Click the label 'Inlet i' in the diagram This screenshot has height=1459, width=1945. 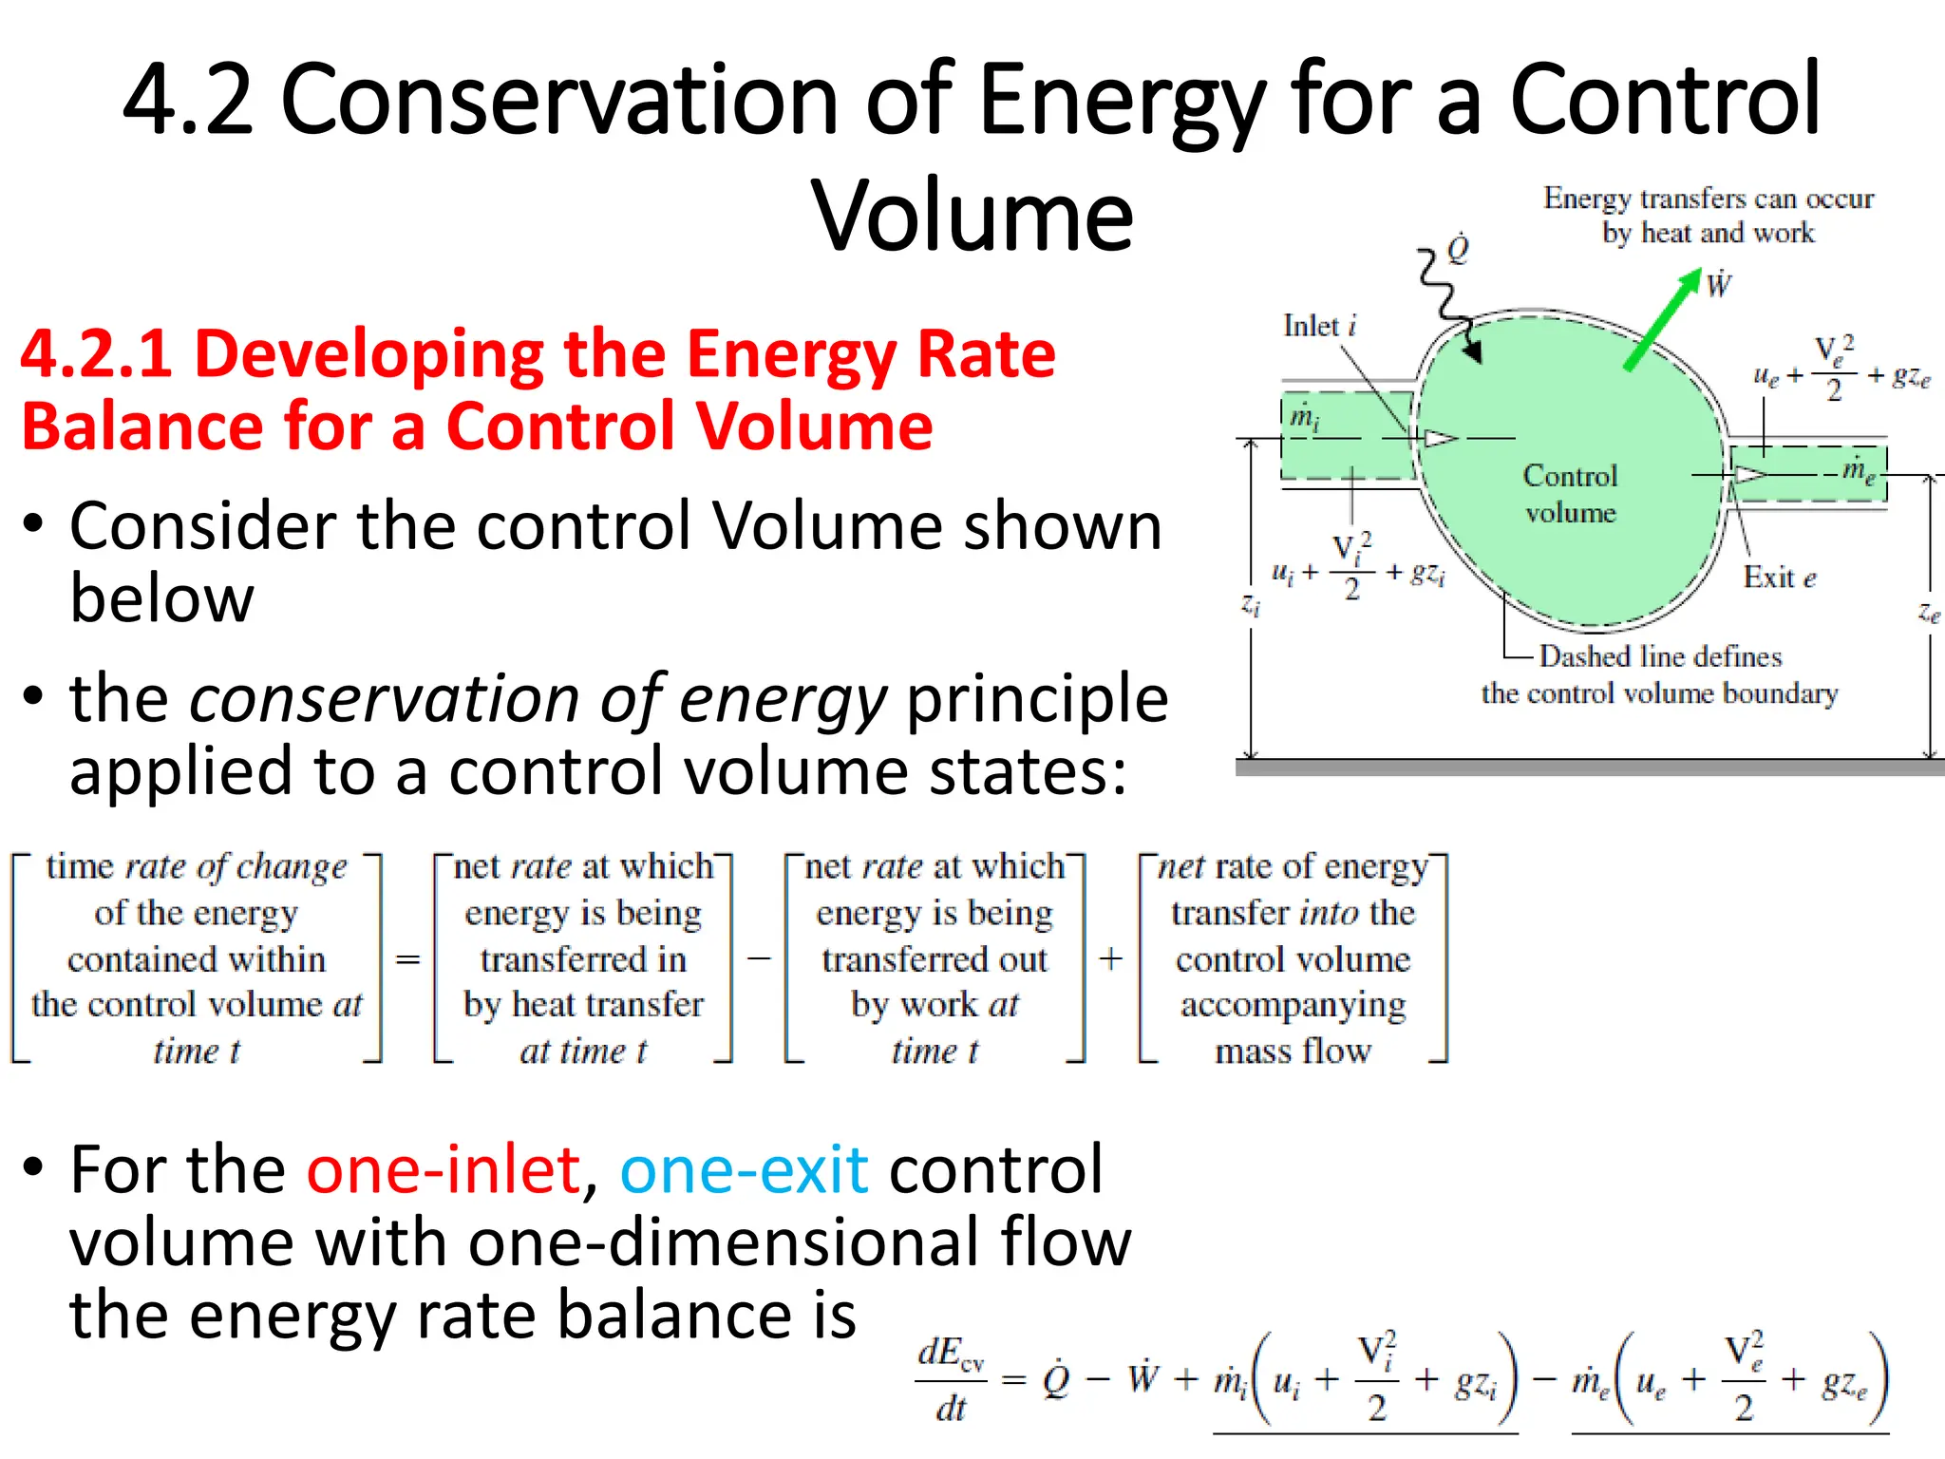click(1319, 326)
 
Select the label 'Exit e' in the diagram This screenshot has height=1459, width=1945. click(1779, 577)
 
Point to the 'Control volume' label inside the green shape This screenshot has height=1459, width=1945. click(1570, 493)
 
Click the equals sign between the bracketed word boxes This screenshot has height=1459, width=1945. click(407, 959)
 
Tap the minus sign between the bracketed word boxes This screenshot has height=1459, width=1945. click(758, 958)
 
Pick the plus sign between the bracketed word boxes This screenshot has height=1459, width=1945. click(1110, 958)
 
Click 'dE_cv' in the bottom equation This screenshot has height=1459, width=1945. click(950, 1353)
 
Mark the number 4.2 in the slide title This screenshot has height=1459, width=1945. click(188, 99)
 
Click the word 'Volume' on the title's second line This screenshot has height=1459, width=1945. click(972, 216)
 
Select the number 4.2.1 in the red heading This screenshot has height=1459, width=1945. click(96, 353)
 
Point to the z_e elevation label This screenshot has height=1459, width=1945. click(1929, 613)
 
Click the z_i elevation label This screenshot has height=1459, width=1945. click(1252, 605)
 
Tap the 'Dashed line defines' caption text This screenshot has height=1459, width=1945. click(1660, 656)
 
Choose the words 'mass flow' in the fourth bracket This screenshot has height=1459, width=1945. click(1293, 1051)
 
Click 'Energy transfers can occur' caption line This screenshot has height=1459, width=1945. click(1708, 198)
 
